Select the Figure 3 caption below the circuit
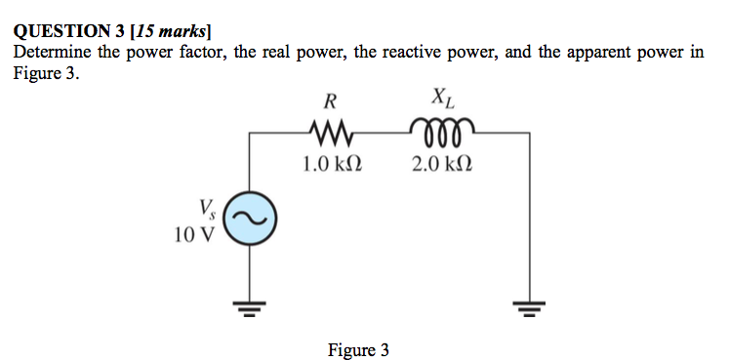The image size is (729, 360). tap(358, 349)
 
